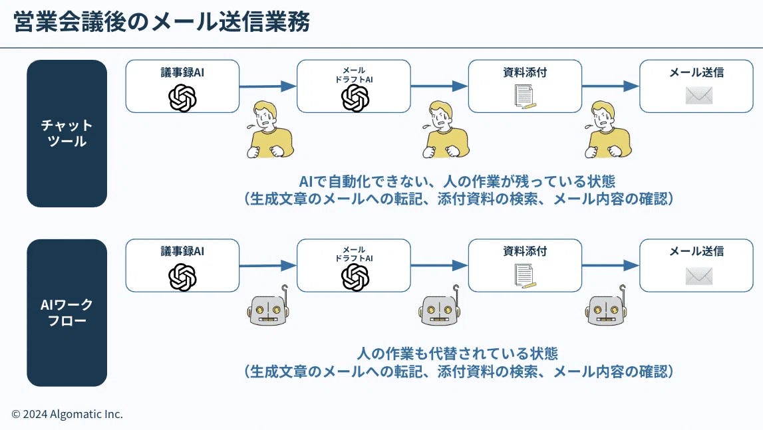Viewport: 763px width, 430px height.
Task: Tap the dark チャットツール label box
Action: (67, 133)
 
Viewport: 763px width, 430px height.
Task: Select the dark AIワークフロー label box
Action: (67, 312)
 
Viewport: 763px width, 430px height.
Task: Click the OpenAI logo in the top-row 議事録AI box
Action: (182, 98)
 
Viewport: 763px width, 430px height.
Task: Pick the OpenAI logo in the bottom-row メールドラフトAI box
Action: (355, 277)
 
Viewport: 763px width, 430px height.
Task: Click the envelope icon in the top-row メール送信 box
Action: (698, 96)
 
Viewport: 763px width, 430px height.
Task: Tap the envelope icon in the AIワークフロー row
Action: (698, 276)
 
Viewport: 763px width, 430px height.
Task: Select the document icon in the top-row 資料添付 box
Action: (525, 97)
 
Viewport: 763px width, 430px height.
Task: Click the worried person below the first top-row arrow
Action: (269, 130)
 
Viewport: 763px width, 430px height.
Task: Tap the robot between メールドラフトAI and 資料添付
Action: (440, 307)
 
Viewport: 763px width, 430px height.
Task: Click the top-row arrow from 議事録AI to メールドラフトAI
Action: (267, 86)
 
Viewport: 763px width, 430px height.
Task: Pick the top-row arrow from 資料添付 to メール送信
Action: (611, 86)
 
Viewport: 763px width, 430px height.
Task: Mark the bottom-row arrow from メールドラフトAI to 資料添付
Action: (439, 265)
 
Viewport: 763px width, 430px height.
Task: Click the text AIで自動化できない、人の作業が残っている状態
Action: (458, 181)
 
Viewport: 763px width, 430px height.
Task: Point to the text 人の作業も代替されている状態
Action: (458, 353)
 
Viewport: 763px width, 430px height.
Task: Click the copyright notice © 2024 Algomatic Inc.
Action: (67, 414)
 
